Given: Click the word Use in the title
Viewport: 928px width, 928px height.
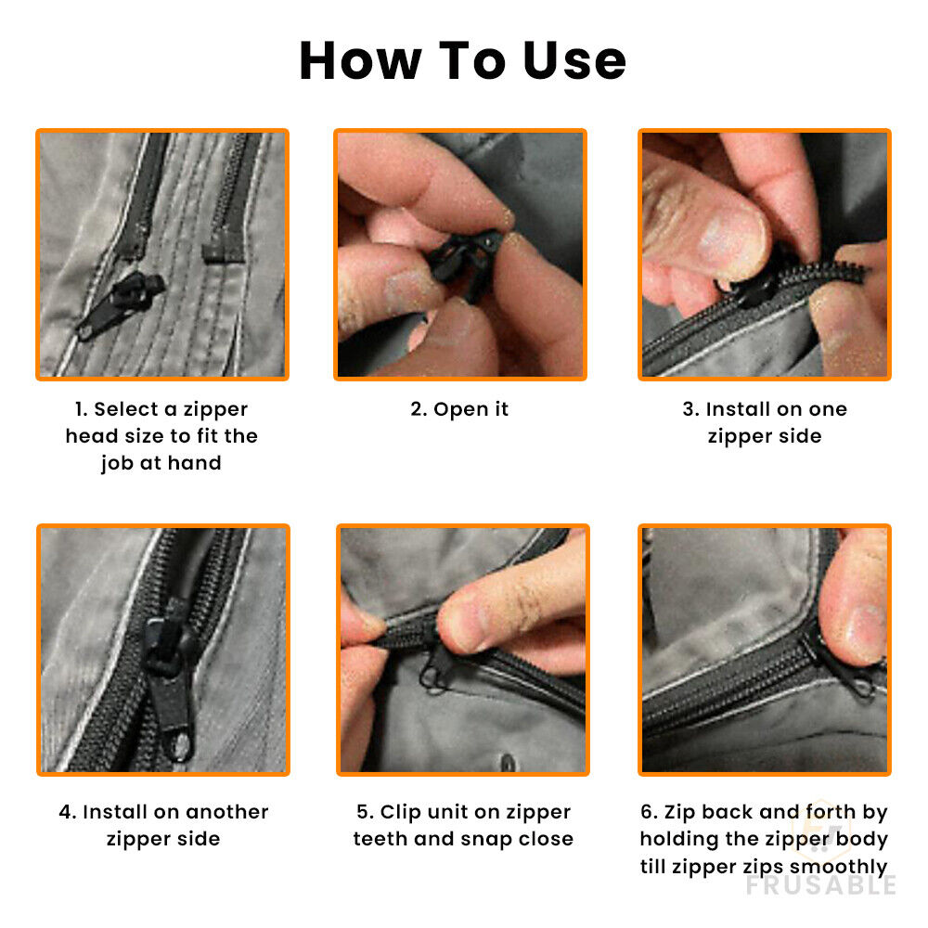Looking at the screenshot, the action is pyautogui.click(x=574, y=60).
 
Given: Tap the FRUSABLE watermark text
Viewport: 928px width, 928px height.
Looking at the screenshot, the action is pyautogui.click(x=821, y=885).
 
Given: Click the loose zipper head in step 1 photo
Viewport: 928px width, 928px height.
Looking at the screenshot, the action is pyautogui.click(x=122, y=304).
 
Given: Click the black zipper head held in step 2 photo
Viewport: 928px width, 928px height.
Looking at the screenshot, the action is pyautogui.click(x=465, y=264).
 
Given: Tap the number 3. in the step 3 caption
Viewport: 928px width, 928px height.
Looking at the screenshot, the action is pyautogui.click(x=690, y=409).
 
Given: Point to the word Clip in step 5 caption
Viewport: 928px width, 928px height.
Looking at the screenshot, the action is pyautogui.click(x=400, y=812).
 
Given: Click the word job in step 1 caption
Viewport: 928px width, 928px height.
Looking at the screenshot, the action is pyautogui.click(x=117, y=463).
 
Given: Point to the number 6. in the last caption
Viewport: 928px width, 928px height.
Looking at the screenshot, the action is pyautogui.click(x=649, y=811).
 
